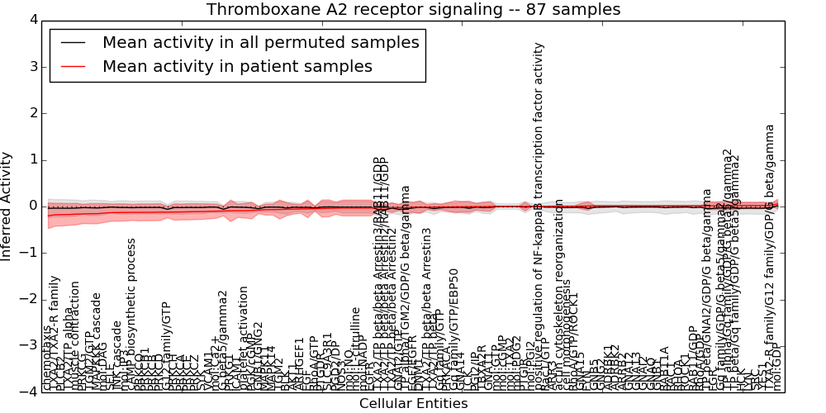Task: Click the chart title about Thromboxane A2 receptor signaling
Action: pos(413,10)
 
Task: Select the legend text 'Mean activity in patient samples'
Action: pos(237,66)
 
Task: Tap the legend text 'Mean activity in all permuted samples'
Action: pos(260,42)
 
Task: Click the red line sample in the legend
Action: pos(74,66)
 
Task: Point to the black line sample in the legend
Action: pos(74,42)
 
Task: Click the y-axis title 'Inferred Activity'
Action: pos(7,206)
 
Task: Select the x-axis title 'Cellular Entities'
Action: pos(413,404)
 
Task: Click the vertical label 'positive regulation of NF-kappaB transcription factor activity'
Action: pos(539,215)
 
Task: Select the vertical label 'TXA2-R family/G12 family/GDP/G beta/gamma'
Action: pos(770,256)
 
